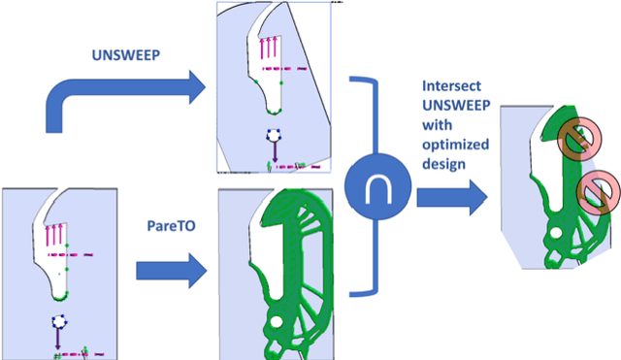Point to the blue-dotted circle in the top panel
click(274, 135)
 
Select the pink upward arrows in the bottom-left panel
click(54, 234)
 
